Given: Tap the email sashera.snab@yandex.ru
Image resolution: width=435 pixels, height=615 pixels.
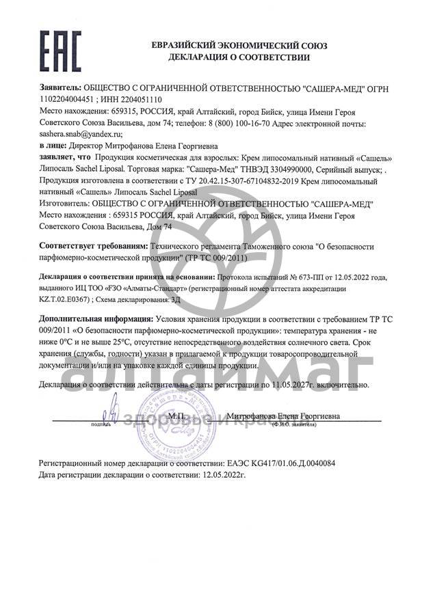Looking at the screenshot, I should pos(81,135).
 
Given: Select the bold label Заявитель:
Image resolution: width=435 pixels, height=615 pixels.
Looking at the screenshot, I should pos(61,89).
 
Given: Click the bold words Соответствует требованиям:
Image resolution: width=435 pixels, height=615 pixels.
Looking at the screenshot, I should pos(94,244).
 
